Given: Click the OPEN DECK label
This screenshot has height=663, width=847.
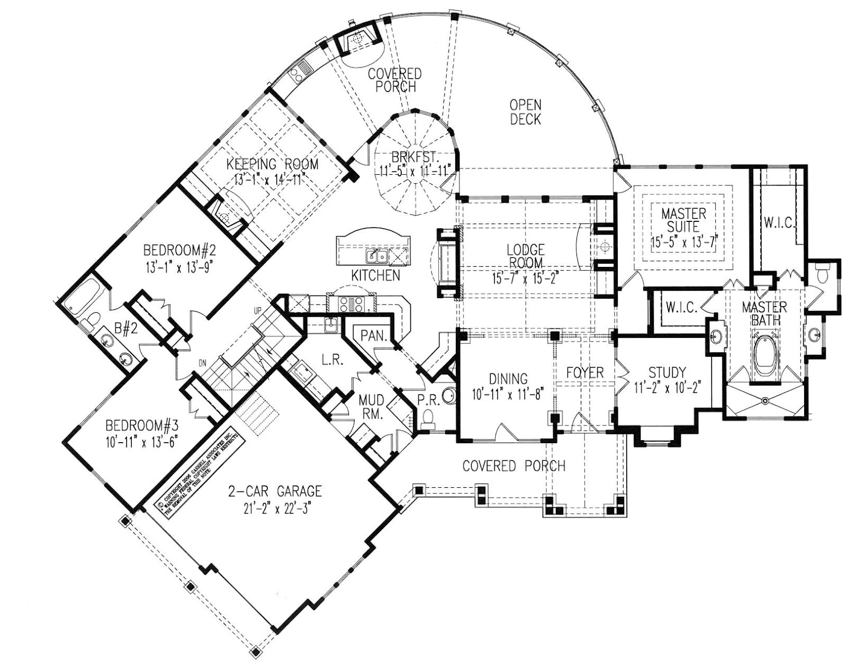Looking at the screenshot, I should [x=525, y=112].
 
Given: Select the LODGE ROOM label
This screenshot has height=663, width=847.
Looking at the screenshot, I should [x=525, y=255].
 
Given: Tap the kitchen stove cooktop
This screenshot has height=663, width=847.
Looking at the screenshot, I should [x=352, y=304].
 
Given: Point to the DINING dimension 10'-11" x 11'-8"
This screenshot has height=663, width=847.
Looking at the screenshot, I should [x=508, y=394].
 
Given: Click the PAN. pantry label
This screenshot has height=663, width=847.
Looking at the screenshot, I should [x=375, y=336].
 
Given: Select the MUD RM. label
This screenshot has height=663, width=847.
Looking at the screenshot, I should [x=371, y=406].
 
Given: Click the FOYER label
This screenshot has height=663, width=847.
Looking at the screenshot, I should [x=584, y=372].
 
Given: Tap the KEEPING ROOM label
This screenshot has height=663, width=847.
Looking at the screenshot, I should [x=273, y=164].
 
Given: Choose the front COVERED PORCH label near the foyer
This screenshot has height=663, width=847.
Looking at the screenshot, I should [x=513, y=466].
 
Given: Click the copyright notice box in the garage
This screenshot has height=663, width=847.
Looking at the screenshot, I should [x=198, y=467].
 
